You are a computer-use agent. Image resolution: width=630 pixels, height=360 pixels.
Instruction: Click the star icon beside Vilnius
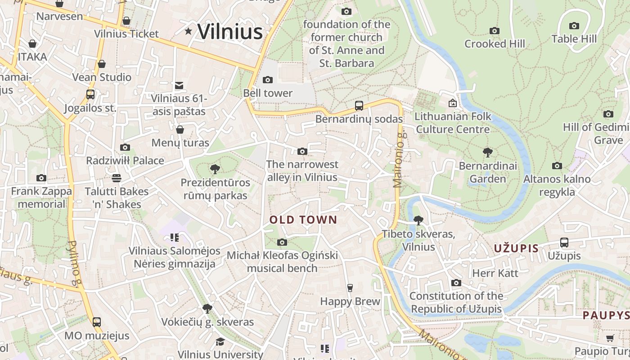coord(188,31)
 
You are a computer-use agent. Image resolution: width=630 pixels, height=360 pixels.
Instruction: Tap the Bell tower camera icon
coord(268,80)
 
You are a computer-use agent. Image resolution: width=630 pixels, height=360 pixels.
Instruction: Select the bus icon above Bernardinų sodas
coord(359,106)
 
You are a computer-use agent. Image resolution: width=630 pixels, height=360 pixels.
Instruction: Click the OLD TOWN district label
coord(303,220)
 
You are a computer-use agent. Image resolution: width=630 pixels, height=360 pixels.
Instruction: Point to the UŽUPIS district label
coord(516,248)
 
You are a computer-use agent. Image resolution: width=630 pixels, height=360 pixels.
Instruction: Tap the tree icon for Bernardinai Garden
coord(487,153)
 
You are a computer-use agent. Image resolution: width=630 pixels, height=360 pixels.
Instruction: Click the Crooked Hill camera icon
coord(495,31)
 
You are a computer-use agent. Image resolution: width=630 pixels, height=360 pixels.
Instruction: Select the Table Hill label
coord(574,39)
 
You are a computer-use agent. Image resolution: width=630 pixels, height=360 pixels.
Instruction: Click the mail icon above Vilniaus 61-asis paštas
coord(179,85)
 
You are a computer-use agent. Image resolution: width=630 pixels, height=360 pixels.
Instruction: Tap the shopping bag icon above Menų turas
coord(180,130)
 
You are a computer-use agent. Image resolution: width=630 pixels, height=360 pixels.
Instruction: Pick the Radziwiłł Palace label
coord(125,161)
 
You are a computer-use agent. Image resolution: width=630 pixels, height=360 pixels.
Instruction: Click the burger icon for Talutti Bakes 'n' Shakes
coord(117,178)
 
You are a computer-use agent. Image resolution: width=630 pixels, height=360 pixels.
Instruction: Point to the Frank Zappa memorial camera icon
coord(41,178)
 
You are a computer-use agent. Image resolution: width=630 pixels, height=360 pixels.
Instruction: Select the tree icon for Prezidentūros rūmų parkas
coord(215,169)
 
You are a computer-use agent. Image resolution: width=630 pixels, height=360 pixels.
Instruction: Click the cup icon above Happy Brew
coord(350,288)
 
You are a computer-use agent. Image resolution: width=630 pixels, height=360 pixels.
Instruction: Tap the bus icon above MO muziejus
coord(97,322)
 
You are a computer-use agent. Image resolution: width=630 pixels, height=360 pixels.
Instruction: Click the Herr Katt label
coord(495,273)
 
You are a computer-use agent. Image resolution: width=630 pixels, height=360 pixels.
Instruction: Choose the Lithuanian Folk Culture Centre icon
coord(453,103)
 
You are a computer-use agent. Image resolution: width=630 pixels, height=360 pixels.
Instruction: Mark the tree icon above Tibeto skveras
coord(418,220)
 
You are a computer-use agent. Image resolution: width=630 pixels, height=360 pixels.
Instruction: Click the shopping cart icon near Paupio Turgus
coord(610,338)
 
